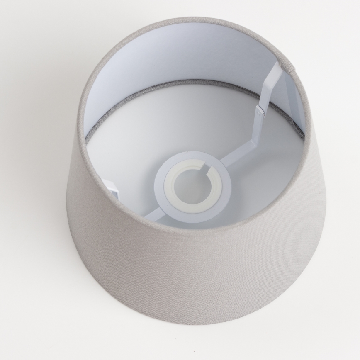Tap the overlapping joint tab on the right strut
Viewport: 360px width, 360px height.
click(260, 110)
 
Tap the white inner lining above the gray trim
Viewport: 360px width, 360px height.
click(174, 54)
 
